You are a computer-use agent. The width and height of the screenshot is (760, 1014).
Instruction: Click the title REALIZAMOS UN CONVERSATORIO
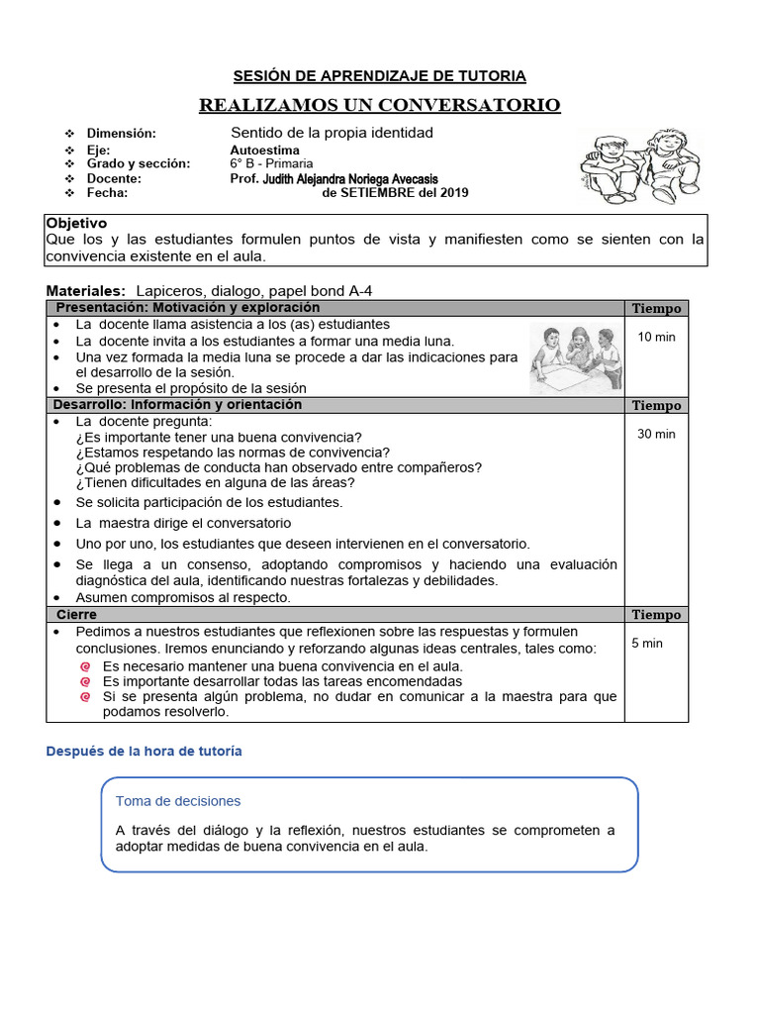click(x=380, y=105)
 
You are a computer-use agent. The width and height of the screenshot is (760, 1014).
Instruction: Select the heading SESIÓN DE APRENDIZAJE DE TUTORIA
click(x=380, y=76)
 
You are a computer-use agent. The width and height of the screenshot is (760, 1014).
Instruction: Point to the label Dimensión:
click(x=122, y=133)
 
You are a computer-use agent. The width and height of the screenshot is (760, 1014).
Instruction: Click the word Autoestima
click(x=264, y=150)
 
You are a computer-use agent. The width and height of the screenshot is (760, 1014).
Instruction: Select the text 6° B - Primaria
click(x=271, y=163)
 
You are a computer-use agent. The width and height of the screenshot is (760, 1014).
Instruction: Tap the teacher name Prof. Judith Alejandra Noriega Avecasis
click(x=333, y=178)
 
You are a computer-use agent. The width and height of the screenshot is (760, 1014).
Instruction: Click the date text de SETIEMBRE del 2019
click(x=396, y=192)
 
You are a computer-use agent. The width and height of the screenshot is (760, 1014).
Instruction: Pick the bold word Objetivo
click(x=76, y=224)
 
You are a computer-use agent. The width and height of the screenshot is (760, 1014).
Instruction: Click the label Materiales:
click(x=86, y=290)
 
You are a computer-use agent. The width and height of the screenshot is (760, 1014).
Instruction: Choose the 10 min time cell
click(x=656, y=337)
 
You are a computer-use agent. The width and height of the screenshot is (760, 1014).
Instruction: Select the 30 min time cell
click(x=656, y=434)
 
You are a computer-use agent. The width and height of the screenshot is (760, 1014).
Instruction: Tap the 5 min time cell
click(x=647, y=643)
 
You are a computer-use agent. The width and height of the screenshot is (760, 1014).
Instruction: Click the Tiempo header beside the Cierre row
click(x=656, y=615)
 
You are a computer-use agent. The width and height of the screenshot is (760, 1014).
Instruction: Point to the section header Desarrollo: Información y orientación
click(x=177, y=405)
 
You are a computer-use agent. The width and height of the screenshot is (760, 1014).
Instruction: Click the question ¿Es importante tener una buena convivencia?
click(x=219, y=437)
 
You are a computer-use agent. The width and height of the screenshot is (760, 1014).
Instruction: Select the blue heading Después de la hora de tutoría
click(x=143, y=752)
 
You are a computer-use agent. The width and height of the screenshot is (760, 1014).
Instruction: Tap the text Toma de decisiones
click(x=178, y=801)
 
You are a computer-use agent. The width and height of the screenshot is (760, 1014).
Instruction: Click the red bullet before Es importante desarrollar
click(x=86, y=681)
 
